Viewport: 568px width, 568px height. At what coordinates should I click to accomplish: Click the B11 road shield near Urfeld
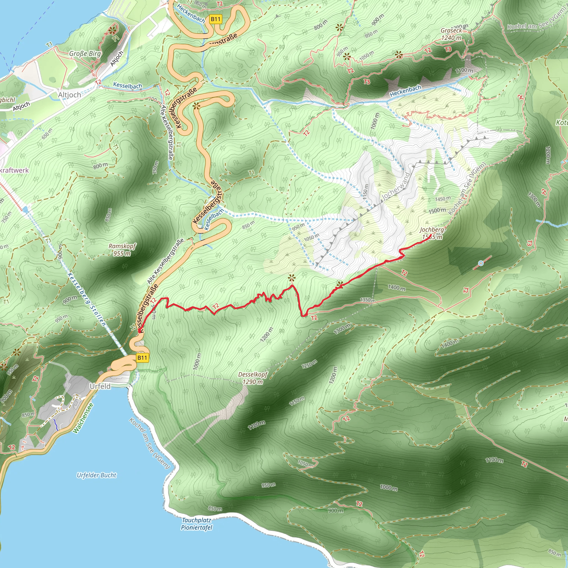(x=142, y=358)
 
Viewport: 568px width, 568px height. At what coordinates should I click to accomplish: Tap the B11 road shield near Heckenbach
(x=215, y=19)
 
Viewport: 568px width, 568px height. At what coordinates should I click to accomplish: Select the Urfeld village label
(x=100, y=386)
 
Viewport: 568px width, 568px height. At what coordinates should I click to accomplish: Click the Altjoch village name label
(x=69, y=95)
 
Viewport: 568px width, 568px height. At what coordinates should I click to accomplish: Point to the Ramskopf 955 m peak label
(x=122, y=250)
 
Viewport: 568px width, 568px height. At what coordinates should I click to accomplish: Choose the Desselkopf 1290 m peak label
(x=253, y=378)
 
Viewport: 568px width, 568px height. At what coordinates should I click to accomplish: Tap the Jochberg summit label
(x=432, y=233)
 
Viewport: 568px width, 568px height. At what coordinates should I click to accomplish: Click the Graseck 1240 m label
(x=451, y=34)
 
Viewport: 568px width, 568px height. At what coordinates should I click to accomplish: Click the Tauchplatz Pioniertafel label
(x=196, y=524)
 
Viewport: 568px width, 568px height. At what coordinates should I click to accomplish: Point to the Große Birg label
(x=85, y=54)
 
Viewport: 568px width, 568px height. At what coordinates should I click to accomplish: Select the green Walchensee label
(x=83, y=418)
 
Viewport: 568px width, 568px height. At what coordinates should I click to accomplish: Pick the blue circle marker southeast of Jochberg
(x=481, y=263)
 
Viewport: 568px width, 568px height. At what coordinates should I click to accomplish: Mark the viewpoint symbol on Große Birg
(x=112, y=30)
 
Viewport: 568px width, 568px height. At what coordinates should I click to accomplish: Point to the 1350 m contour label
(x=367, y=300)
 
